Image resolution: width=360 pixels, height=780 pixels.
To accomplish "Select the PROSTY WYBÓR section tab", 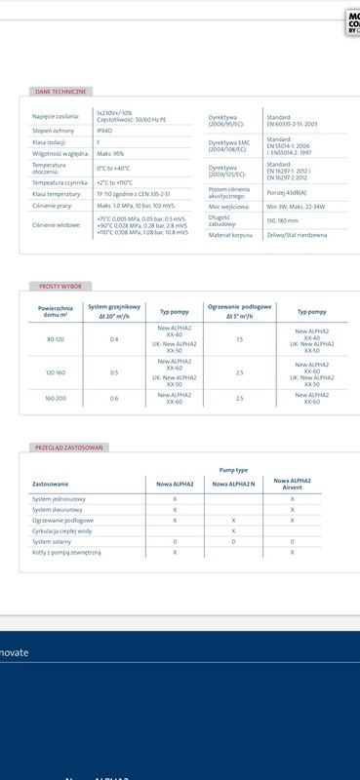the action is [59, 287].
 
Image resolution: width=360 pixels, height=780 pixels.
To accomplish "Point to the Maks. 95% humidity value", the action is [110, 153].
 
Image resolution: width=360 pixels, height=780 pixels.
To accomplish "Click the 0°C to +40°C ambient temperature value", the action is [113, 169].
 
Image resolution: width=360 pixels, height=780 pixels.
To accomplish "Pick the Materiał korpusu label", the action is [230, 235].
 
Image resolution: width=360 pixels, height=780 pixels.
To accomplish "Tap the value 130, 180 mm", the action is [282, 221].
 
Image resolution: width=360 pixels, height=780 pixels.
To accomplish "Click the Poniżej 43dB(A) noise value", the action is [287, 193].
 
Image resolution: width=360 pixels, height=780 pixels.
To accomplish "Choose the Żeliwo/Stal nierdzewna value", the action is [297, 235].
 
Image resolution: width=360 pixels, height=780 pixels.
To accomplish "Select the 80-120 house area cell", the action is [57, 338].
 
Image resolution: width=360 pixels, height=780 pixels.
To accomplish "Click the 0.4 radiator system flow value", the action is [114, 338].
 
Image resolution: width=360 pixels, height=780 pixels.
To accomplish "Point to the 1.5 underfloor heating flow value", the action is [239, 338].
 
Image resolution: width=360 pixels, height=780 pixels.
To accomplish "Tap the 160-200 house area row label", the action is [57, 398].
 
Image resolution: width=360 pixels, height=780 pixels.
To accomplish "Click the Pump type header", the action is [234, 468].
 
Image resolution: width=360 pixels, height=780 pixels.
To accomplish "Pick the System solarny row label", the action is [55, 541].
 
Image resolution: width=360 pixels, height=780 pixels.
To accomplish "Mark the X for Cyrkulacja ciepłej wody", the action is [234, 530].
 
